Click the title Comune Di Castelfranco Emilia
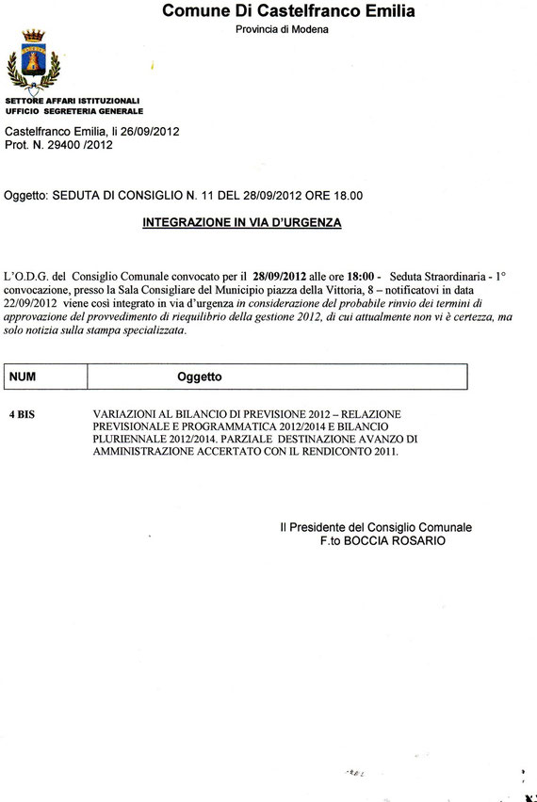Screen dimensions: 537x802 288,11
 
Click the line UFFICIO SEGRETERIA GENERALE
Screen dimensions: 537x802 74,110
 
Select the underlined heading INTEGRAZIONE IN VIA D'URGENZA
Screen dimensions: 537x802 241,223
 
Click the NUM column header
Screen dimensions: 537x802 23,377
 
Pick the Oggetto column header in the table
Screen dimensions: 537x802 200,377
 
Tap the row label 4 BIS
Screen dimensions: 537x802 23,414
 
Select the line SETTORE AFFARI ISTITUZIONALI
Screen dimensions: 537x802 73,100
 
